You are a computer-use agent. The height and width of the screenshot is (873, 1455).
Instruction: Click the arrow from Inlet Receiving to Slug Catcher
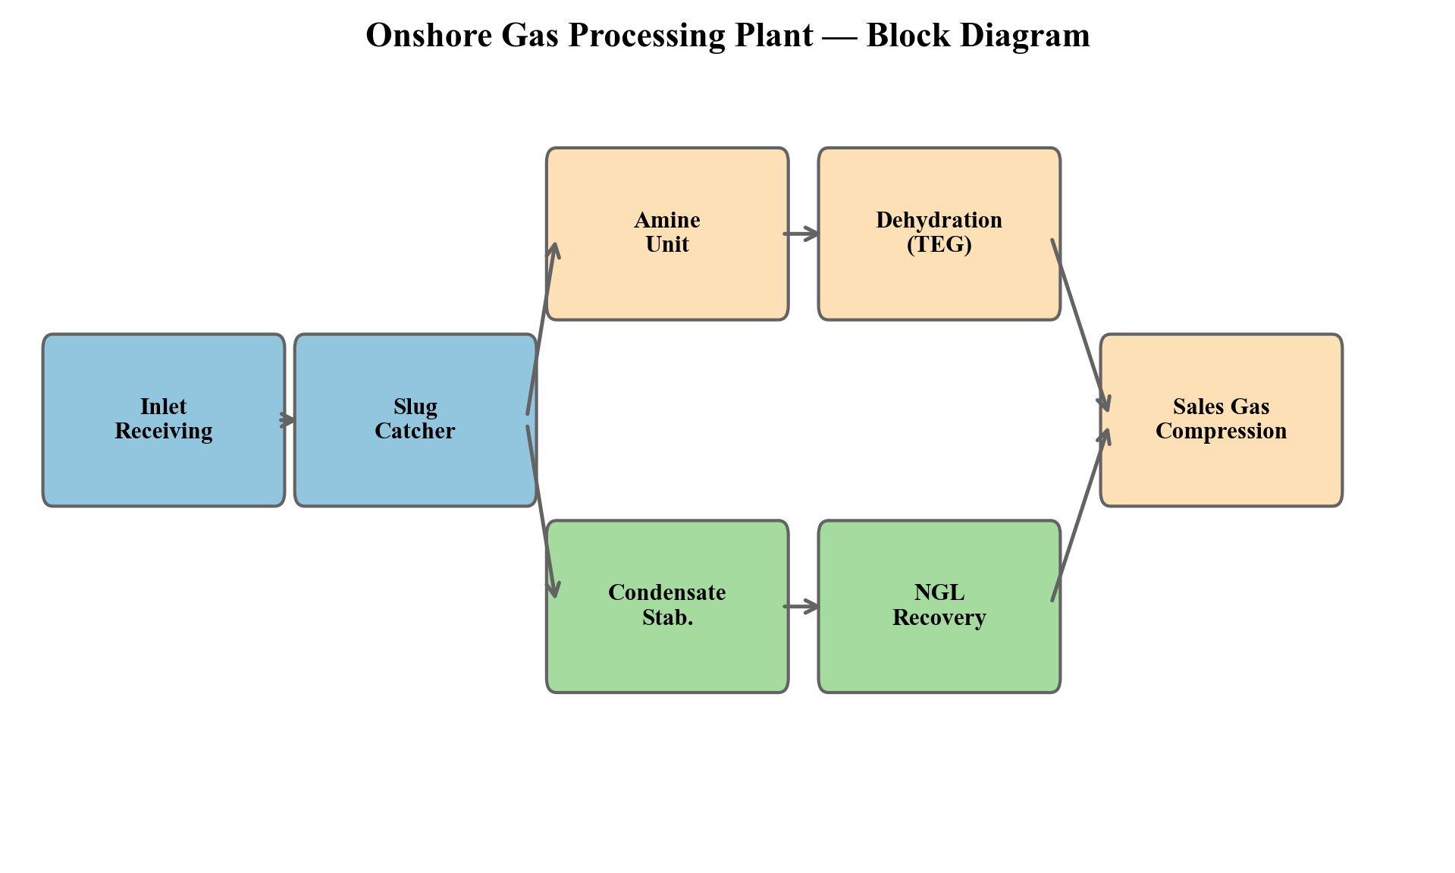(288, 419)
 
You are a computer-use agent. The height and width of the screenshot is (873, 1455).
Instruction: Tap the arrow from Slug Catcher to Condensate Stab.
(543, 512)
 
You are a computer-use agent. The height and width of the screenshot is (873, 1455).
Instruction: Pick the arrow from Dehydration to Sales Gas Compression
(1080, 326)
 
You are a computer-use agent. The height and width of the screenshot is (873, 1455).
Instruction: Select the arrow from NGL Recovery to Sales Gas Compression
(1080, 516)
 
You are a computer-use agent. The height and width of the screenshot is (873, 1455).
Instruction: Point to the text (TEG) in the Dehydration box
(939, 245)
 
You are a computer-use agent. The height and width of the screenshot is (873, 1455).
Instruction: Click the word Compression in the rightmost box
(1221, 432)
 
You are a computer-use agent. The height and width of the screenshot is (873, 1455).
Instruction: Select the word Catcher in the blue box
(415, 432)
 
